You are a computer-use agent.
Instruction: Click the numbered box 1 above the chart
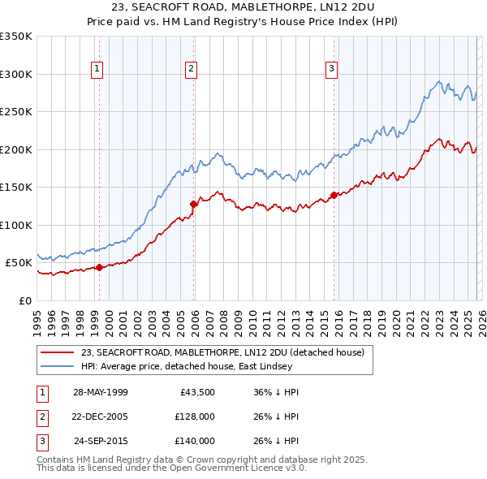[97, 69]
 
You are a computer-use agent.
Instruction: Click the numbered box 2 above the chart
[191, 69]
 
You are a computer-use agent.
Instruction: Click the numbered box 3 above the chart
[332, 69]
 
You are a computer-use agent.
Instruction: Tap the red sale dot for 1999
[99, 267]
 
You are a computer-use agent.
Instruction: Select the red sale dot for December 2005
[194, 204]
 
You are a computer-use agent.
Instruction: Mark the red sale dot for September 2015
[334, 195]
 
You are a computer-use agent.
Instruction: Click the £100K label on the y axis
[16, 225]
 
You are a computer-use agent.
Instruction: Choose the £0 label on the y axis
[24, 300]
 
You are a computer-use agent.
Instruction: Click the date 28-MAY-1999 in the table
[100, 392]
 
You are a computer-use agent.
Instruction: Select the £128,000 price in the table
[194, 416]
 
